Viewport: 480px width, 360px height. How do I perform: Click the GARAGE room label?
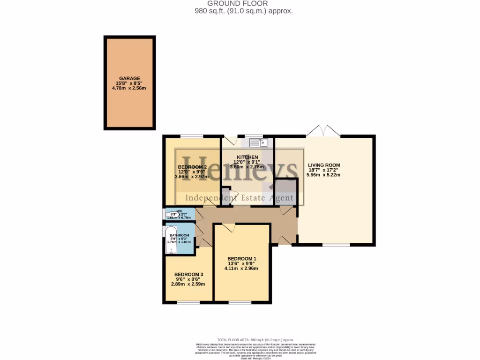[x=129, y=78]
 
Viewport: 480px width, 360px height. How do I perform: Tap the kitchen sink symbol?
[x=258, y=142]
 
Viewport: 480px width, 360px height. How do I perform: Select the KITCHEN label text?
[x=247, y=157]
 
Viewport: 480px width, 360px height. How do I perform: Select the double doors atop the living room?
[x=323, y=131]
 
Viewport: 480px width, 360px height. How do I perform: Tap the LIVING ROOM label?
[x=324, y=165]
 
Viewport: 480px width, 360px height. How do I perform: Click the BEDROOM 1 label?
[x=241, y=259]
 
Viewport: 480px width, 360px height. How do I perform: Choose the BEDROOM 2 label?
[x=192, y=167]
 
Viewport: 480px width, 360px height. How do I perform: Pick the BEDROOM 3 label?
[x=188, y=275]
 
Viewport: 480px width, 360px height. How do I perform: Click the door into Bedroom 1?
[x=228, y=227]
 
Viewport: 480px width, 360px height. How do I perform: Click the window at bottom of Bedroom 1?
[x=240, y=302]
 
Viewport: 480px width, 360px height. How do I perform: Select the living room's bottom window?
[x=336, y=245]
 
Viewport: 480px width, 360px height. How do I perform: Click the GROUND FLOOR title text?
[x=244, y=4]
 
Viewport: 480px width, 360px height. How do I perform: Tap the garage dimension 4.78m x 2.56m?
[x=129, y=88]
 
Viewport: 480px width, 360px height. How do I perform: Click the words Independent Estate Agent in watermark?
[x=240, y=198]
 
